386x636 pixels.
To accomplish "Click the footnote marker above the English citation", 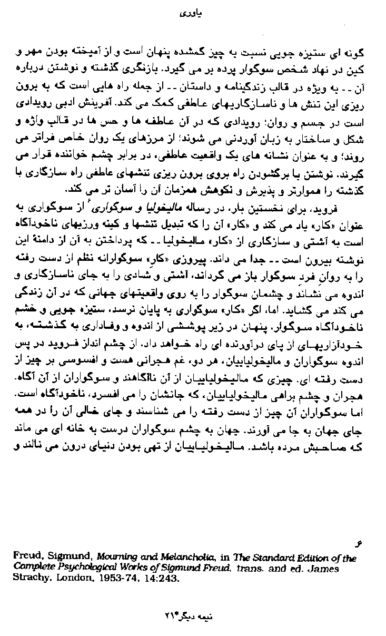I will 361,544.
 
